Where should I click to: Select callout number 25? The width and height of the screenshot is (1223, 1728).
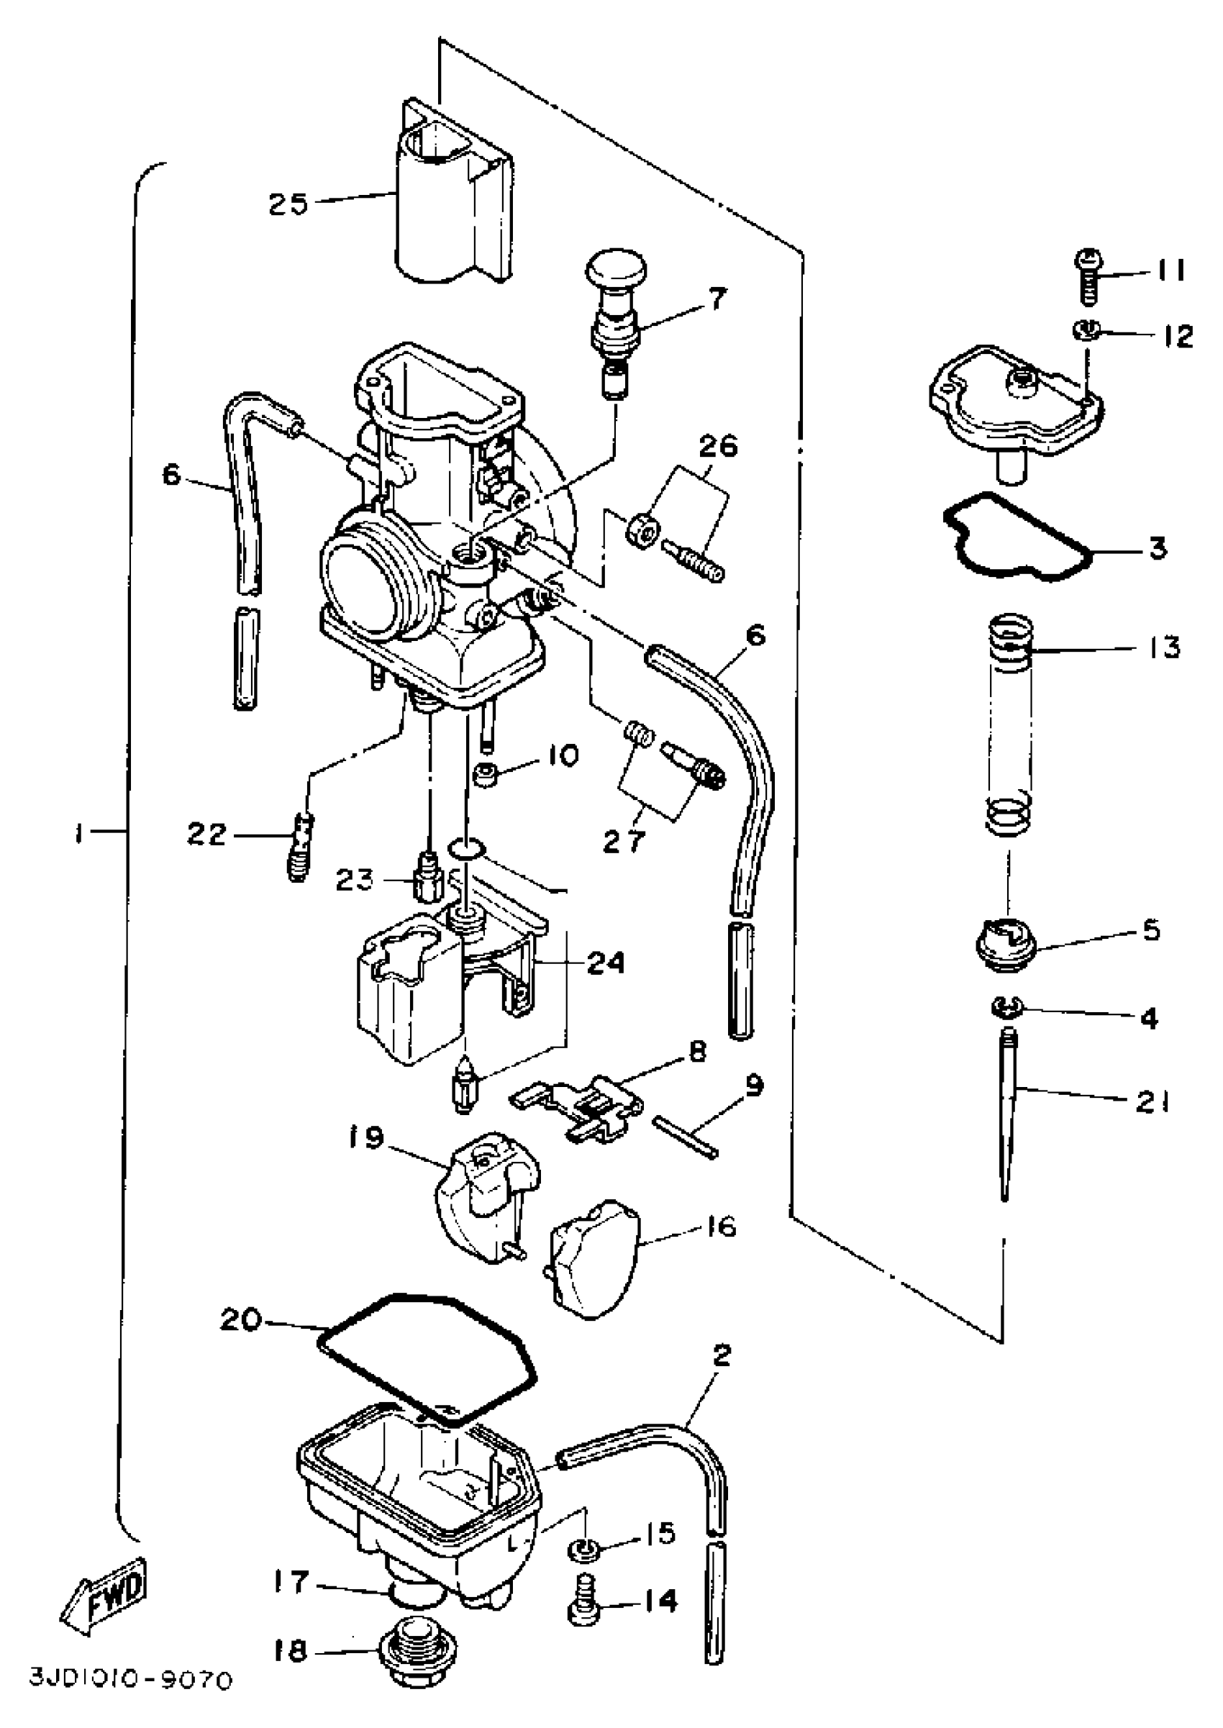coord(288,204)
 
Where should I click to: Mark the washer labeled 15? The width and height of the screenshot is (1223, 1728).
coord(584,1551)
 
